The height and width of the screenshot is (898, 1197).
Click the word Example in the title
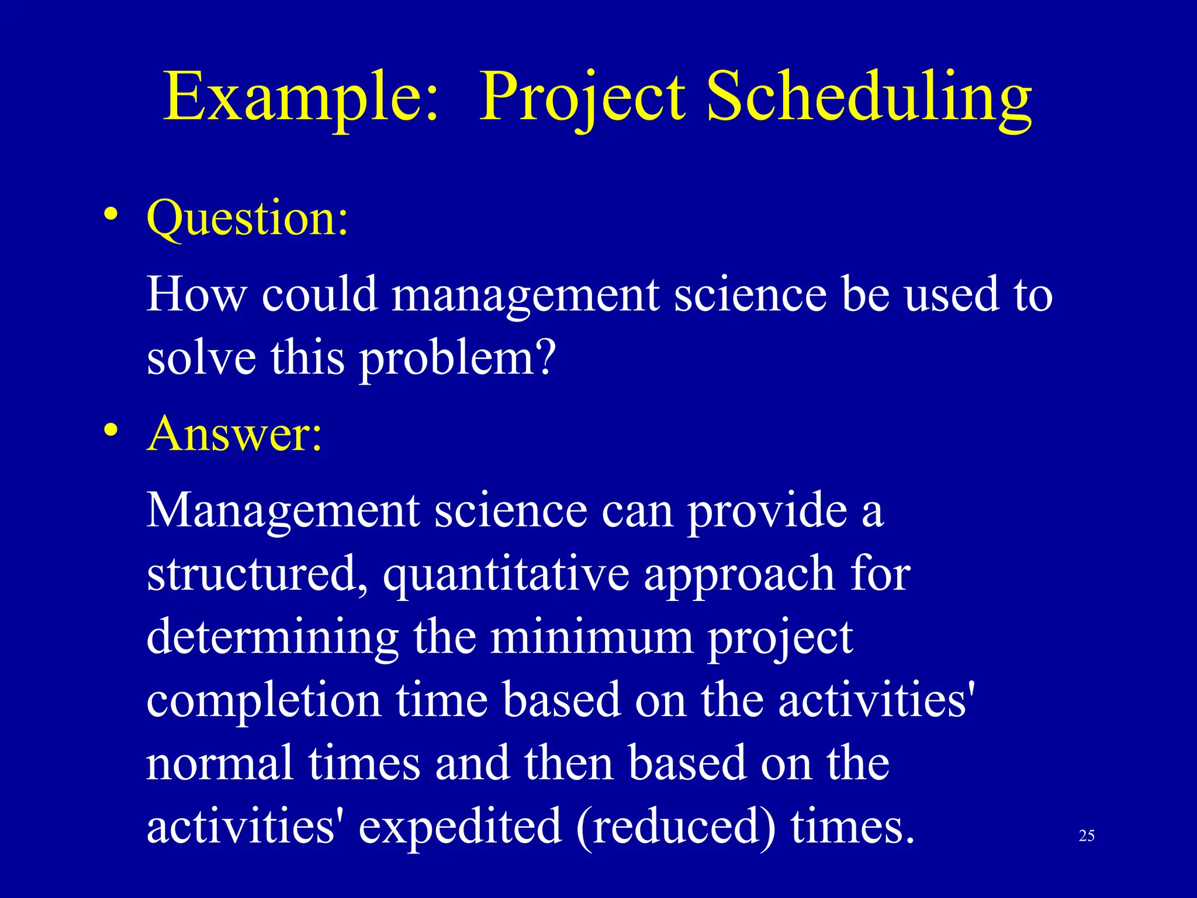click(x=301, y=96)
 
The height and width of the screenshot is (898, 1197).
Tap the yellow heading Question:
click(x=247, y=218)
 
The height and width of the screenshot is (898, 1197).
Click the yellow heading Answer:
click(x=234, y=434)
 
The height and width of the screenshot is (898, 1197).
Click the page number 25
click(x=1087, y=835)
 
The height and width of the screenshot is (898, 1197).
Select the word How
click(x=196, y=294)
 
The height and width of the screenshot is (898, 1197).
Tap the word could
click(x=319, y=294)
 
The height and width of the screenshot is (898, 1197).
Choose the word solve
click(x=201, y=358)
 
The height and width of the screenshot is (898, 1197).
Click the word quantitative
click(x=506, y=575)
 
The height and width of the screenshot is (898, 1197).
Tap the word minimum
click(x=592, y=637)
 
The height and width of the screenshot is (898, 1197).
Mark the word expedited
click(x=460, y=828)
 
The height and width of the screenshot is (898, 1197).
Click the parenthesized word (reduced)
click(x=677, y=827)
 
